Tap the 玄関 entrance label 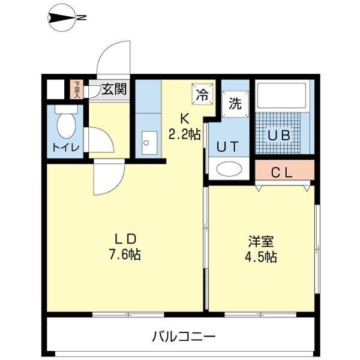pos(113,91)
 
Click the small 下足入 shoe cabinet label pos(77,89)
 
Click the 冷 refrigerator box pos(203,94)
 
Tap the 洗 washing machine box pos(235,103)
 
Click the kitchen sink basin pos(146,143)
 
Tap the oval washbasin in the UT pos(228,169)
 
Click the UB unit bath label pos(279,135)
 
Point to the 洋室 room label pos(261,241)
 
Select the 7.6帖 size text pos(125,254)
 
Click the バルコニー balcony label pos(183,335)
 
